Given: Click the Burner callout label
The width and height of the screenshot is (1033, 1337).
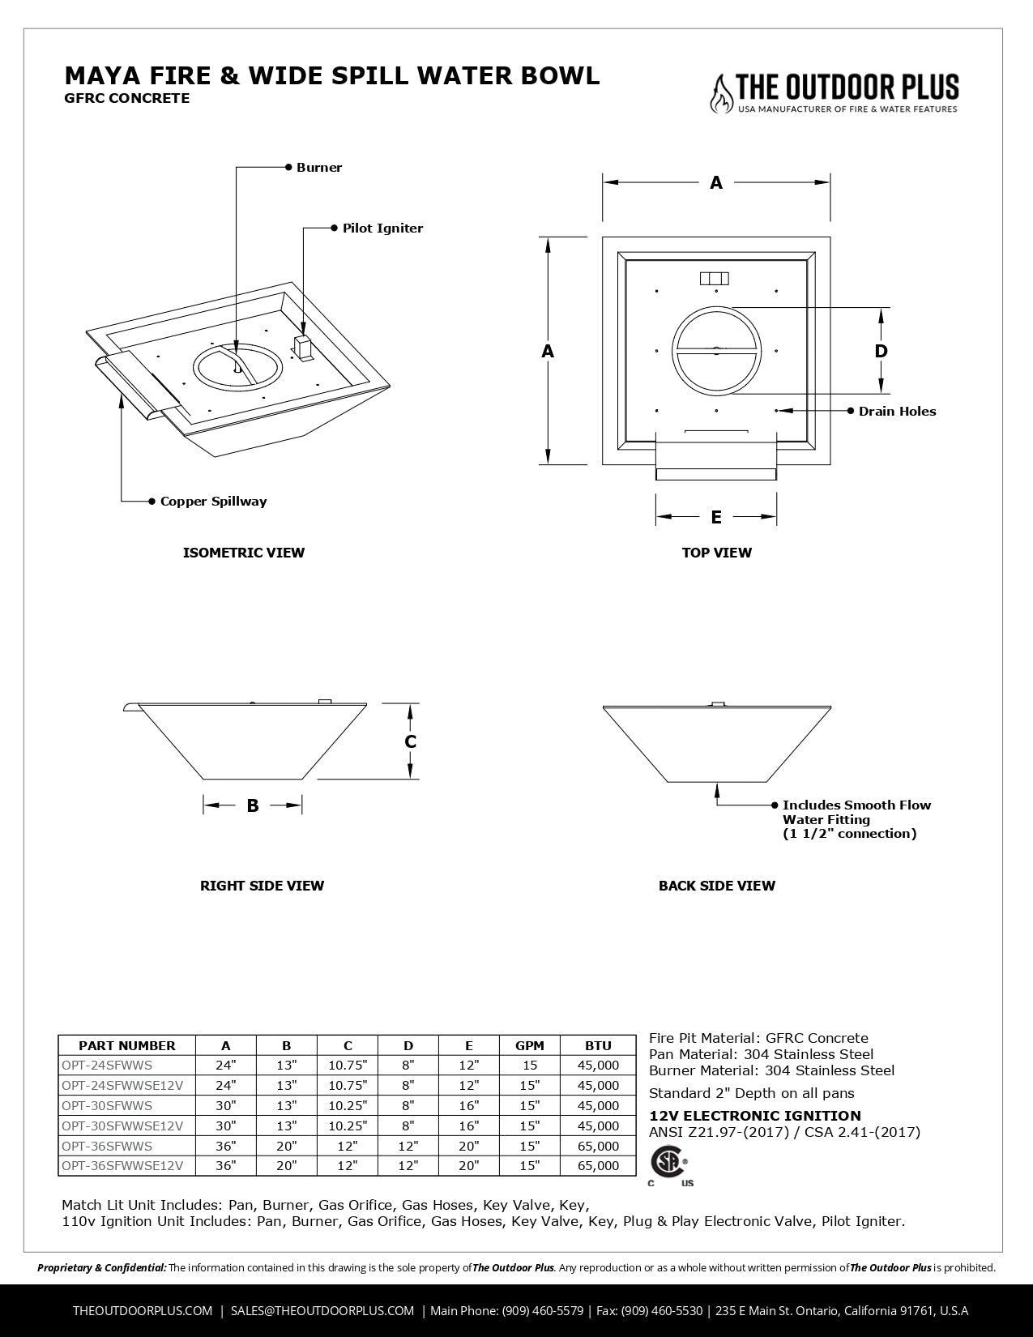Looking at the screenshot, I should click(318, 168).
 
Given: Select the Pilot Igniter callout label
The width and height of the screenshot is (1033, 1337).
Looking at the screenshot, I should click(382, 229).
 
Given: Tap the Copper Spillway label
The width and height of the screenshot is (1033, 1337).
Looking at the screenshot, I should click(213, 502).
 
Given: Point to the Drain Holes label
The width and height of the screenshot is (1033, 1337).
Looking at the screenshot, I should click(897, 412).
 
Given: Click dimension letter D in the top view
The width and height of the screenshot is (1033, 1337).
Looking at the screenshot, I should click(881, 351).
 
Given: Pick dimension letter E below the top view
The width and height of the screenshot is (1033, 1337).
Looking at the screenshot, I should click(716, 517).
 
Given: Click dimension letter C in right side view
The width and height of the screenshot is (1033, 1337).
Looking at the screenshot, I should click(411, 742).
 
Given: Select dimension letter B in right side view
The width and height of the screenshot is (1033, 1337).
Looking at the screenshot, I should click(253, 805).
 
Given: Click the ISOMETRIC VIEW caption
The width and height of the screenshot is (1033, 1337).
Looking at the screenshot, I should click(244, 553).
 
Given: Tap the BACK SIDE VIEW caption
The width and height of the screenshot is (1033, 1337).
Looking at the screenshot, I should click(716, 886).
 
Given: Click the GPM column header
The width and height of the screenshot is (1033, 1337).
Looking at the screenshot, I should click(530, 1045).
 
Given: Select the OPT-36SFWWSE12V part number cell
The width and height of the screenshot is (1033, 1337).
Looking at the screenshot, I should click(122, 1166).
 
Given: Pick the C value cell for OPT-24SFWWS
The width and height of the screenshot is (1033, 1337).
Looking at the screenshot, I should click(348, 1066).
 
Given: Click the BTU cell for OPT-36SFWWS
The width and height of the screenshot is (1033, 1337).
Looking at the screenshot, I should click(598, 1146).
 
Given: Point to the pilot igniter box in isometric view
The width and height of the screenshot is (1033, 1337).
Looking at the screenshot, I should click(302, 349).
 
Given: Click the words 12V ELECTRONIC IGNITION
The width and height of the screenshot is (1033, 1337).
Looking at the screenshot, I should click(755, 1116).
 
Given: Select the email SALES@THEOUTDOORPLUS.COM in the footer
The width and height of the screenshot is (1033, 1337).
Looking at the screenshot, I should click(322, 1310).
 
